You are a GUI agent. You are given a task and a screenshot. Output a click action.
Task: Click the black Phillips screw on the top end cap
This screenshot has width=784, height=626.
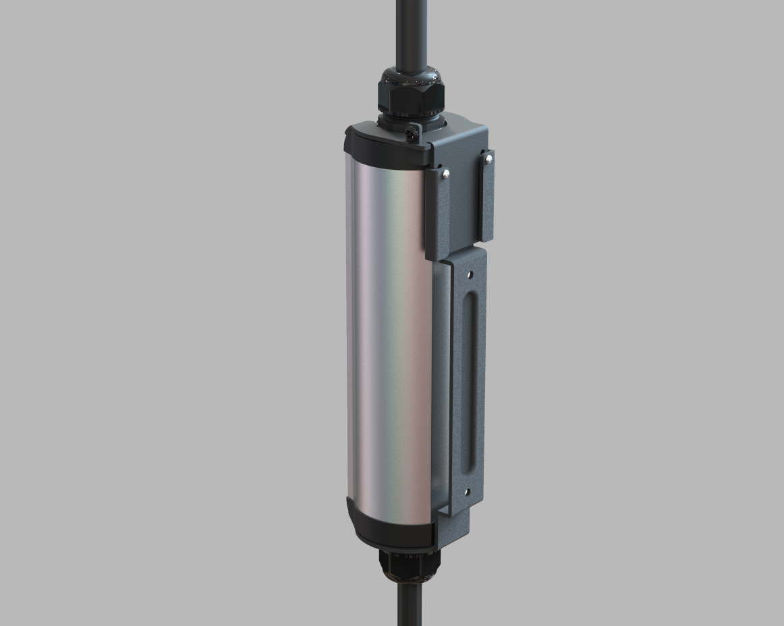[412, 133]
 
